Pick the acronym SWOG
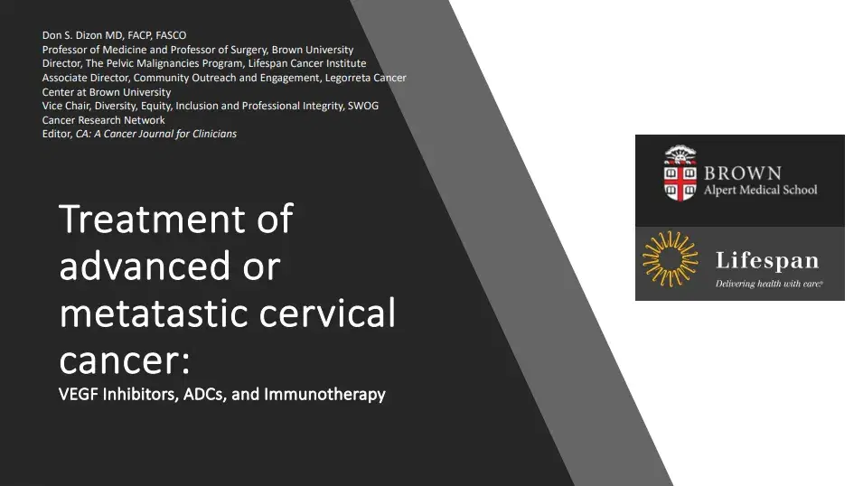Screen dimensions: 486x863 click(363, 106)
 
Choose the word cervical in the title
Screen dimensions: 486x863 click(336, 313)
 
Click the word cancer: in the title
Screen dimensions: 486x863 click(125, 360)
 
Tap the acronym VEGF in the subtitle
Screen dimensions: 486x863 click(77, 395)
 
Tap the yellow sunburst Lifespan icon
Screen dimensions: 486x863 click(671, 259)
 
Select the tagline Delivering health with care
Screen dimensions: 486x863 click(768, 284)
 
